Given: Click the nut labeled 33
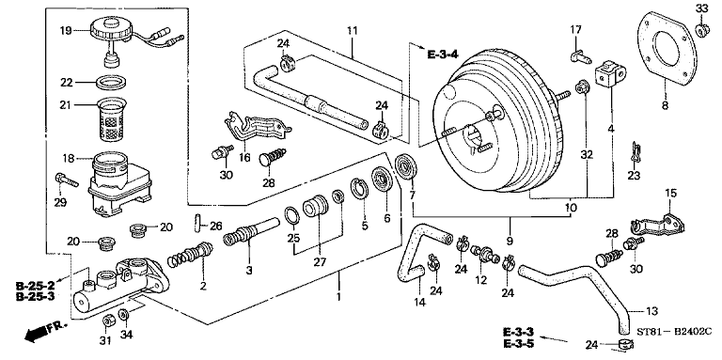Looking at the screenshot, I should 701,31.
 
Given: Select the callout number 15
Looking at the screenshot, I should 670,193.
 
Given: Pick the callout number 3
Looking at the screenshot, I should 248,271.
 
